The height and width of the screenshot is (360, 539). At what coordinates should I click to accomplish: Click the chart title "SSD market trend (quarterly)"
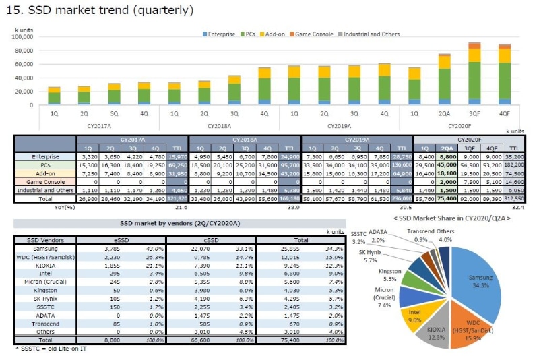point(101,11)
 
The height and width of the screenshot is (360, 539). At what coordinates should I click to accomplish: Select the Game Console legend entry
point(314,34)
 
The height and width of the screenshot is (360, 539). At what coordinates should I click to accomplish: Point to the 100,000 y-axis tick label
point(22,36)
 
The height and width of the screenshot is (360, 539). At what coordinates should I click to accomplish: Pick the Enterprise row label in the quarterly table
point(45,156)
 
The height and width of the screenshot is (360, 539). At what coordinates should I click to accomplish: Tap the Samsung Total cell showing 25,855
point(294,249)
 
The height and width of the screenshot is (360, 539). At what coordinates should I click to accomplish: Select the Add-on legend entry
point(274,34)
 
